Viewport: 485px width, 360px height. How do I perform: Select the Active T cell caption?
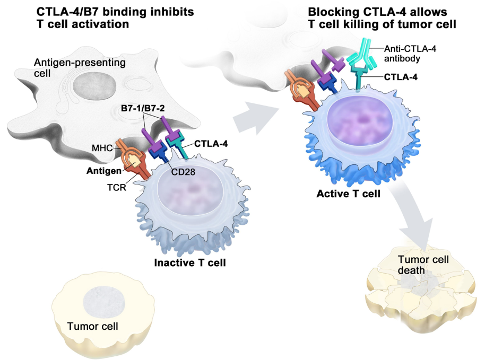click(x=349, y=194)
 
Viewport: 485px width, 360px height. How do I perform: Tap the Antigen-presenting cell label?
click(x=80, y=68)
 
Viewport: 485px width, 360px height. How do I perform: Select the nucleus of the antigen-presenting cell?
click(x=90, y=85)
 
